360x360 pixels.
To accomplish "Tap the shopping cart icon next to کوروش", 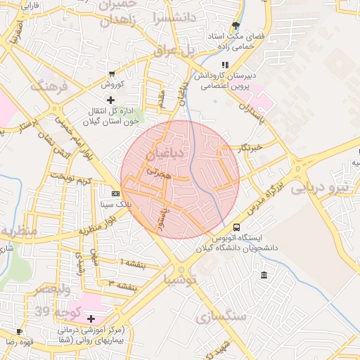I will click(112, 74).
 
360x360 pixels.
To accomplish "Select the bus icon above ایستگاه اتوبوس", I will click(236, 228).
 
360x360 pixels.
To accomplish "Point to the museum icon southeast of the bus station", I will click(264, 275).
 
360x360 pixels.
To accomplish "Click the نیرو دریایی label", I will click(324, 188).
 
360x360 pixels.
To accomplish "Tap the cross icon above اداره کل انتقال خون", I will click(110, 100).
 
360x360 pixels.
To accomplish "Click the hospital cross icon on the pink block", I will click(90, 319).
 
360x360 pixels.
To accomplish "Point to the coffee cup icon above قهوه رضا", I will click(19, 330).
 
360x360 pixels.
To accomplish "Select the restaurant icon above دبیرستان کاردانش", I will click(205, 65).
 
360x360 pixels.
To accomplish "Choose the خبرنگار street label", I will click(250, 148).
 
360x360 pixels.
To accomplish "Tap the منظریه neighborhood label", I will click(20, 231).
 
